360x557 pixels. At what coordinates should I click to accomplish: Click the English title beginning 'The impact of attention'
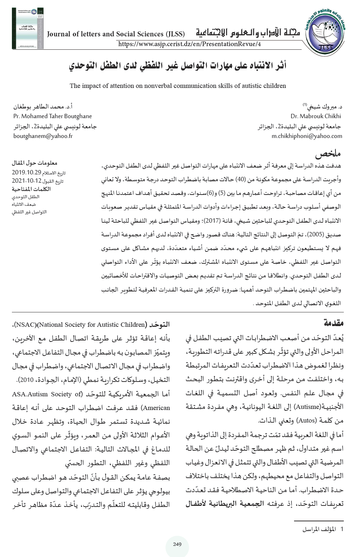click(178, 86)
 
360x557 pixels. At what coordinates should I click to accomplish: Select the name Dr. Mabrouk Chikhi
click(316, 116)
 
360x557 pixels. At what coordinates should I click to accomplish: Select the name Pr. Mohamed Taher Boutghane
click(53, 116)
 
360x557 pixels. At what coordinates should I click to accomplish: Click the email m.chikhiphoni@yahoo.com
click(307, 136)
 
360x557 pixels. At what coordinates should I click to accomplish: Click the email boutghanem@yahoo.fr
click(43, 136)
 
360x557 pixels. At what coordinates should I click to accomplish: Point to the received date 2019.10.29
click(27, 172)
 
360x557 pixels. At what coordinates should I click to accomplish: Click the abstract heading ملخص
click(328, 154)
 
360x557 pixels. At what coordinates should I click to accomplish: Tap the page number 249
click(177, 544)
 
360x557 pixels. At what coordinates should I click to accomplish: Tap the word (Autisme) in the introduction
click(307, 407)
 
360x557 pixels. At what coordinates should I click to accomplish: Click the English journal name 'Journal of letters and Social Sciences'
click(116, 34)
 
